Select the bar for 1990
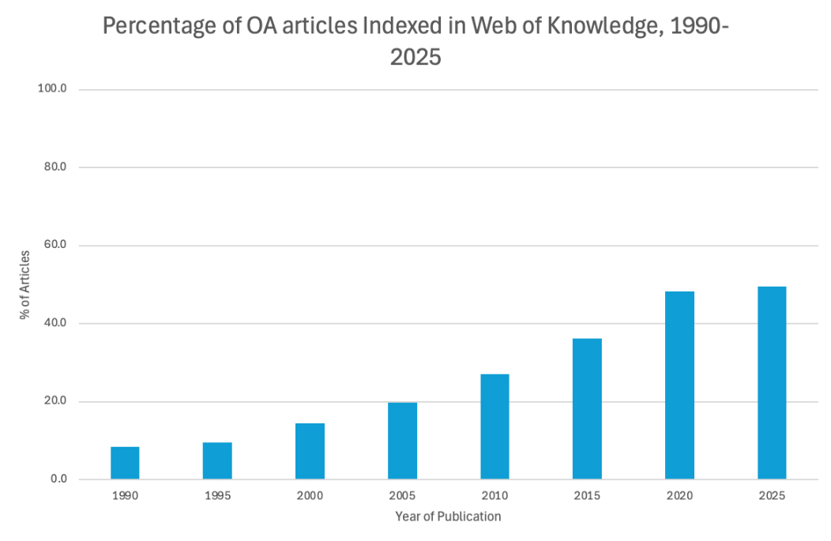[x=125, y=463]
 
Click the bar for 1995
[x=217, y=460]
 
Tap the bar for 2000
[x=310, y=451]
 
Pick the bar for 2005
[x=402, y=441]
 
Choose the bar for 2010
[x=494, y=426]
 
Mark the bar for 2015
[x=587, y=408]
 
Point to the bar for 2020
[x=679, y=385]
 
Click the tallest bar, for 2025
[x=772, y=382]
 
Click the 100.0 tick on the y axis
[x=51, y=89]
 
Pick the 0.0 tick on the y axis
[x=57, y=479]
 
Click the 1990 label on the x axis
[x=125, y=496]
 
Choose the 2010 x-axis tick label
[x=494, y=496]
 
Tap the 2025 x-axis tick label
[x=772, y=496]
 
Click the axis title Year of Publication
[x=448, y=517]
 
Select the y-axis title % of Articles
[x=26, y=285]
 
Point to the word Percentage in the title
[x=159, y=27]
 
